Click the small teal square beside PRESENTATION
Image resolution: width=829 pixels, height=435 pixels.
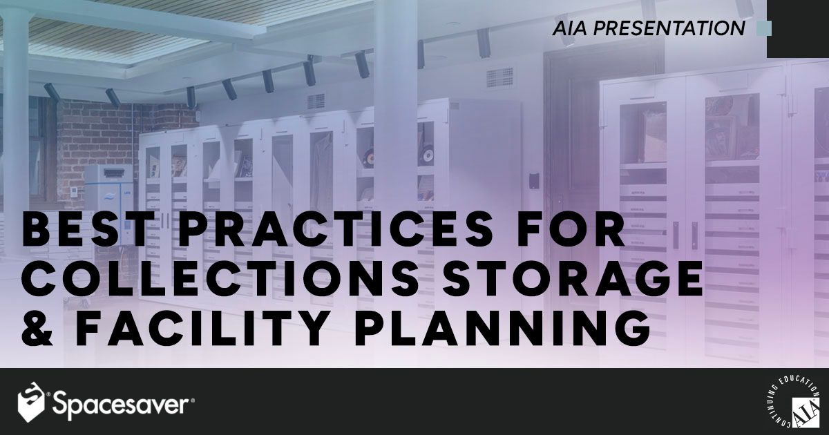763,28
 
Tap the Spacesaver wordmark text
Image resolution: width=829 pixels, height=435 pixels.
122,404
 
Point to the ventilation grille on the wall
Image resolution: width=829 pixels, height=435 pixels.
499,78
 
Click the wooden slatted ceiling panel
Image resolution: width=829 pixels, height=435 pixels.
117,35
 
